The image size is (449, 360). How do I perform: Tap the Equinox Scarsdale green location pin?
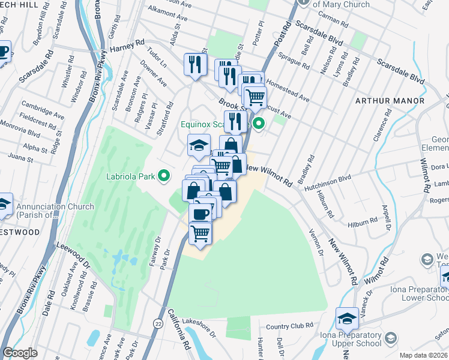[x=259, y=125]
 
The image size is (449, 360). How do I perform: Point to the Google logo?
[x=20, y=353]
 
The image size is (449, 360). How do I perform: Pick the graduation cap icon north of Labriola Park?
[x=199, y=145]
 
